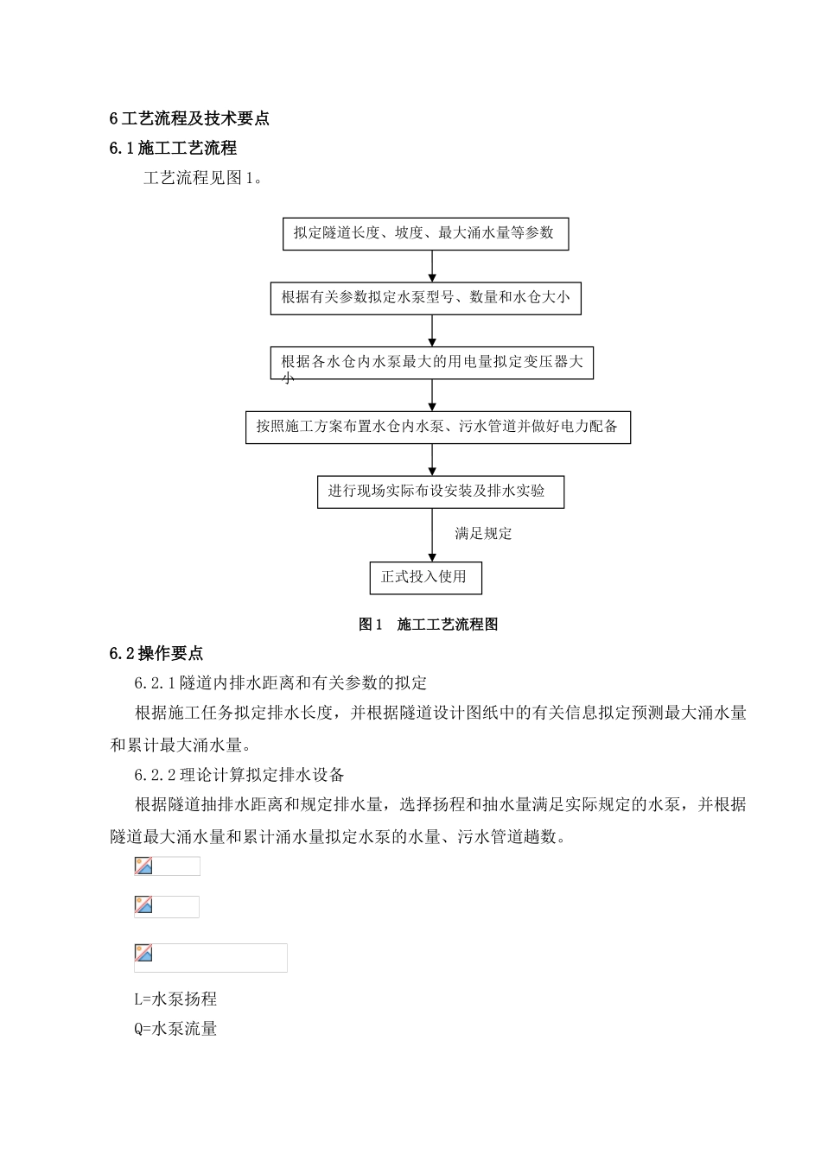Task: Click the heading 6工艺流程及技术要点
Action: click(x=189, y=118)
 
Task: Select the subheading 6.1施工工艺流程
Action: click(x=173, y=149)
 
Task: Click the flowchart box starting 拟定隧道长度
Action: click(x=425, y=233)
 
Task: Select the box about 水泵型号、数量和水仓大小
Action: click(x=425, y=298)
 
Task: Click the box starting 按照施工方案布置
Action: click(x=437, y=427)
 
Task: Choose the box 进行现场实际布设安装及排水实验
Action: click(x=440, y=492)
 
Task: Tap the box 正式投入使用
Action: click(x=425, y=577)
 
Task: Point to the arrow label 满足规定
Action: click(x=483, y=534)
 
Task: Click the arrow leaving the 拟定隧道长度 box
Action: click(x=432, y=266)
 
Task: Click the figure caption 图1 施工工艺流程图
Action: click(x=428, y=625)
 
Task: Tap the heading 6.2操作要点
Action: click(x=156, y=653)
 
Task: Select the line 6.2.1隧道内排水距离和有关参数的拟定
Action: click(x=281, y=683)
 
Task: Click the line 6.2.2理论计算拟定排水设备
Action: click(x=239, y=774)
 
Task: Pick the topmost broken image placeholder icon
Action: click(x=143, y=866)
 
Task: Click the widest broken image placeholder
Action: click(x=211, y=957)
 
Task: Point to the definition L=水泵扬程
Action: click(x=175, y=999)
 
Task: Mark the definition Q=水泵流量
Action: click(x=175, y=1029)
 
